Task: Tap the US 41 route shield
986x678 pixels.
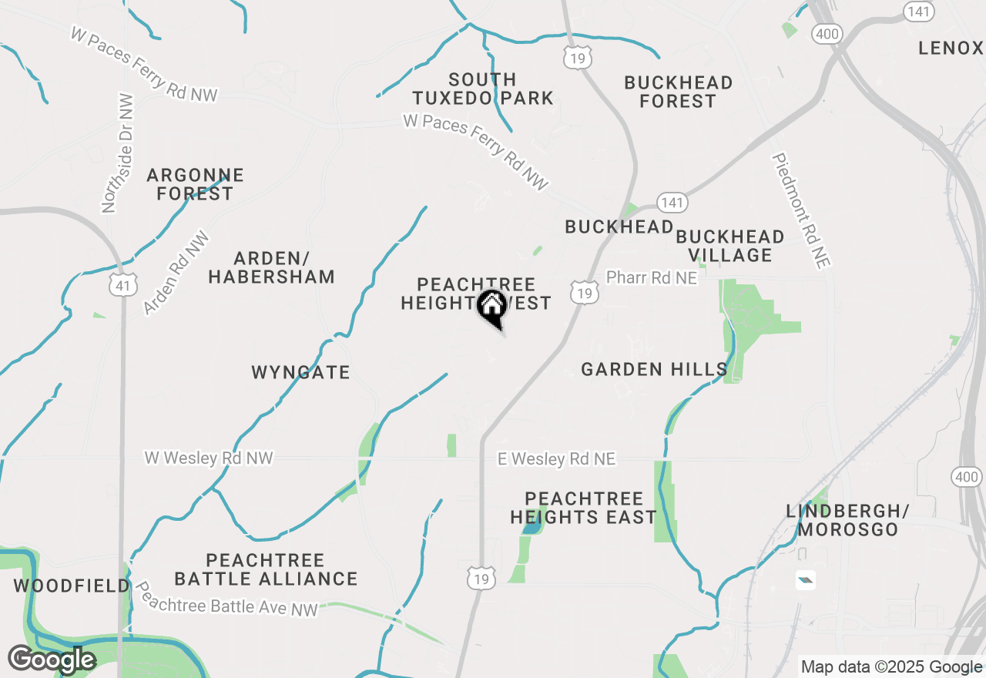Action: click(124, 284)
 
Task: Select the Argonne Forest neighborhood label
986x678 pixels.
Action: click(195, 184)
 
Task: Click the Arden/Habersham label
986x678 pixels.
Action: click(271, 267)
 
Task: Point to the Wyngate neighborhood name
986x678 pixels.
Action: click(300, 372)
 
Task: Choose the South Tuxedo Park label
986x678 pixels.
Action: click(483, 89)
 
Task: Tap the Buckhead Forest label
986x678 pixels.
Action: click(678, 92)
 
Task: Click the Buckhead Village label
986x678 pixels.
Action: click(729, 246)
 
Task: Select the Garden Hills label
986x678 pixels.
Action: click(654, 370)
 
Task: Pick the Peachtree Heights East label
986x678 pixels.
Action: click(583, 508)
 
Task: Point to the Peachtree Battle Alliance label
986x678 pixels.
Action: click(266, 569)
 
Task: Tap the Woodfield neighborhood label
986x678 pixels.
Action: click(72, 586)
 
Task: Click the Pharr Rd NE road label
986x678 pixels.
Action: click(651, 277)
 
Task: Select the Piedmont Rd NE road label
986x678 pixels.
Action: click(802, 210)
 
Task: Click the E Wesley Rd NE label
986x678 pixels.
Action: click(556, 459)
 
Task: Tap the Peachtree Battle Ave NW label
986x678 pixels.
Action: click(226, 599)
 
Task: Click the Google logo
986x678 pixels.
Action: click(52, 660)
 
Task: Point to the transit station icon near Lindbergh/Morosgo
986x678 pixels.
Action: click(806, 580)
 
